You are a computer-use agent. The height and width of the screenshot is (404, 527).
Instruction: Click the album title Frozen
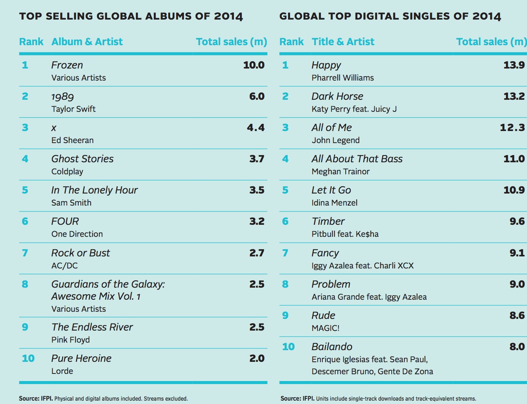(67, 65)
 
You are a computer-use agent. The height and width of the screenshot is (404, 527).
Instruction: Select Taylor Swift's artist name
(73, 109)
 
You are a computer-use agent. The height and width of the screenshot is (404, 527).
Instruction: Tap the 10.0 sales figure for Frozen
(254, 65)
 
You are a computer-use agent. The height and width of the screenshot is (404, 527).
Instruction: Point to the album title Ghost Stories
(82, 159)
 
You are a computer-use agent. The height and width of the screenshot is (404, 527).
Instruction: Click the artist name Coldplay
(67, 171)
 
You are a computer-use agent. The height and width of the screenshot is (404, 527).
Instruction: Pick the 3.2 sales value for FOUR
(257, 221)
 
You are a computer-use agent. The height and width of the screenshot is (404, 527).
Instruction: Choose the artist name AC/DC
(64, 265)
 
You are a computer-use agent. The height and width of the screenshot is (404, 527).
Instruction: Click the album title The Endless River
(92, 327)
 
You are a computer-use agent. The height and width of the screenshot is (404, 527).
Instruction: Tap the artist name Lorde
(62, 371)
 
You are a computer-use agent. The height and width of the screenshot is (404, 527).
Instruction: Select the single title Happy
(326, 66)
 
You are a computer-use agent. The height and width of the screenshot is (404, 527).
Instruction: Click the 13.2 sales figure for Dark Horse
(514, 96)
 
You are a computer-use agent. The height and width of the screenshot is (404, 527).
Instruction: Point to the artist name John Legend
(336, 140)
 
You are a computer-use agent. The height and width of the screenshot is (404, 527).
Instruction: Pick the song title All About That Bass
(357, 159)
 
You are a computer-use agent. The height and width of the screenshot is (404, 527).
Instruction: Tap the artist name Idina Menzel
(334, 203)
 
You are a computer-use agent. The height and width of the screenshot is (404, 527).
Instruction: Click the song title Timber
(328, 221)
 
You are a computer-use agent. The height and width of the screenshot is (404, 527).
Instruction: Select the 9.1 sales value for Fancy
(517, 253)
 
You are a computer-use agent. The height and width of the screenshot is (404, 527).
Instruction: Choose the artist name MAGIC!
(325, 328)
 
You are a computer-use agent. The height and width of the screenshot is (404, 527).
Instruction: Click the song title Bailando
(332, 347)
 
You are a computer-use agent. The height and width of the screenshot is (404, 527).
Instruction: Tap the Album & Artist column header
(87, 42)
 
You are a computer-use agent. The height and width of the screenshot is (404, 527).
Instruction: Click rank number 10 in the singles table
(288, 347)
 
